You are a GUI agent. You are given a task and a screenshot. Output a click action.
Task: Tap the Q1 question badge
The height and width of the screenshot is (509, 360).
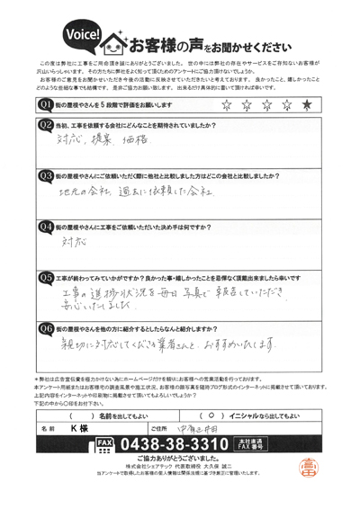pos(45,106)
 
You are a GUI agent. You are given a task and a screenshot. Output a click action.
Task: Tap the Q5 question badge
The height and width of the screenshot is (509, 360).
pos(45,278)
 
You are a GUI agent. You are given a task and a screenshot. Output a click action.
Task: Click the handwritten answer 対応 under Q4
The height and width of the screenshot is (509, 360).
pos(69,243)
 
